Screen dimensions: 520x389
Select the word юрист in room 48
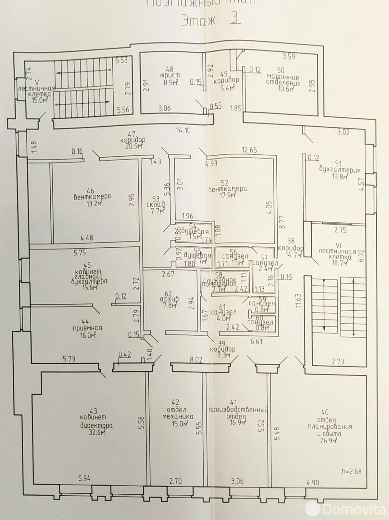click(x=169, y=75)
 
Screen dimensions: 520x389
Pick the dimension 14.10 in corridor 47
click(x=183, y=131)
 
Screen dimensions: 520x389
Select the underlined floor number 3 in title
click(x=234, y=19)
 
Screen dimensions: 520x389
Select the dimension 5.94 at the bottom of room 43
click(x=84, y=478)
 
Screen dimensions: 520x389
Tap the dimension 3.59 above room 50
click(x=288, y=57)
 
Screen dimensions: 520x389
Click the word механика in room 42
click(x=181, y=416)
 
